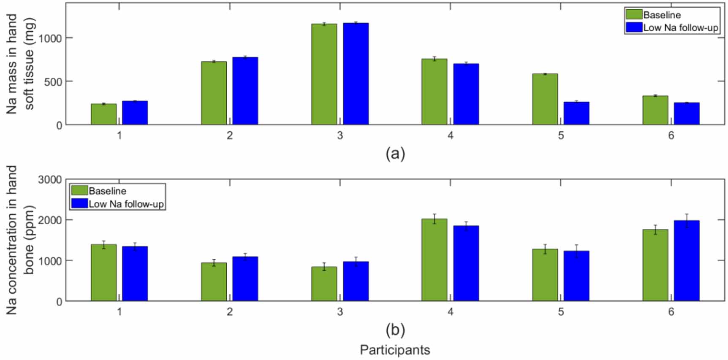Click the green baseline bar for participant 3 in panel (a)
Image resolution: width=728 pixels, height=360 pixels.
coord(324,74)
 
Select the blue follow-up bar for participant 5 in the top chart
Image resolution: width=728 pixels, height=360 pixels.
coord(576,113)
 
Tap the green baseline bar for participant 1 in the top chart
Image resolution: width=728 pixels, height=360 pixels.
coord(104,114)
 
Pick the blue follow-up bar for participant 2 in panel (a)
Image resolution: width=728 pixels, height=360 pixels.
coord(245,91)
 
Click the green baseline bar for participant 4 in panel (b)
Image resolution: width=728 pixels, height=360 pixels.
coord(435,260)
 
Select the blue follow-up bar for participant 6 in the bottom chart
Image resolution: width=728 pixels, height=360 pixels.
coord(687,260)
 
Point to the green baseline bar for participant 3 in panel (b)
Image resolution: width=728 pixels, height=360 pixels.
coord(324,284)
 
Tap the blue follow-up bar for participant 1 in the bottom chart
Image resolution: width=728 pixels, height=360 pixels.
coord(135,273)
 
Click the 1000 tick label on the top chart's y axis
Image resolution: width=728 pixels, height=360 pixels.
coord(50,38)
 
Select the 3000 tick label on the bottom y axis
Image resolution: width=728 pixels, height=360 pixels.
coord(50,180)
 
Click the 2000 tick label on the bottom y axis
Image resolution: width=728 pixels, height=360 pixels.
coord(50,220)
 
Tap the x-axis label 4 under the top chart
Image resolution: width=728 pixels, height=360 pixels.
coord(451,135)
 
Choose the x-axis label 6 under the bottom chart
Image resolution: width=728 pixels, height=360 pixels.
coord(671,312)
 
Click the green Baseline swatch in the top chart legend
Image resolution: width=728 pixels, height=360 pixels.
coord(634,15)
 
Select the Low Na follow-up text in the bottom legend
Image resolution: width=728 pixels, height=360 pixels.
coord(126,204)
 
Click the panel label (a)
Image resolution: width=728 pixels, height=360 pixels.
coord(395,154)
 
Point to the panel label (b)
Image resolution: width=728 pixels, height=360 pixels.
coord(395,330)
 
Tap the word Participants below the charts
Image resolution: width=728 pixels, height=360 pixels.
coord(395,350)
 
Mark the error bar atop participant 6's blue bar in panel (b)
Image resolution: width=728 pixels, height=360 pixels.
coord(687,220)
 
